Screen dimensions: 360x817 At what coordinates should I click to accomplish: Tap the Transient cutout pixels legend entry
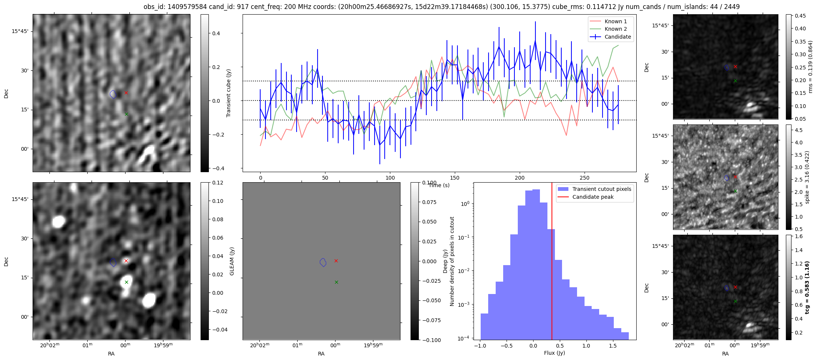tap(601, 189)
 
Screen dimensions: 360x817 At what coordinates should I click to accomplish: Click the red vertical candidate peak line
tap(552, 262)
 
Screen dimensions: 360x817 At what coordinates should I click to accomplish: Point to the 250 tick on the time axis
tap(585, 178)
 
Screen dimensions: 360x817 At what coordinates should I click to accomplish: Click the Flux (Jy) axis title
tap(554, 353)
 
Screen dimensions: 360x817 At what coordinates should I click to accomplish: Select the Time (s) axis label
tap(439, 185)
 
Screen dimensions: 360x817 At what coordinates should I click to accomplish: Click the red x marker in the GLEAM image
tap(126, 261)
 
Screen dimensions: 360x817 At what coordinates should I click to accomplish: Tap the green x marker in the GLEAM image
tap(126, 282)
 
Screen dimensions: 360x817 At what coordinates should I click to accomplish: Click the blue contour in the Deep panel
tap(323, 262)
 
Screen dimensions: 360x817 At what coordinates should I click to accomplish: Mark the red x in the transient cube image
tap(126, 93)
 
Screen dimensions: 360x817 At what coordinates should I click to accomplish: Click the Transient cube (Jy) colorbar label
tap(228, 93)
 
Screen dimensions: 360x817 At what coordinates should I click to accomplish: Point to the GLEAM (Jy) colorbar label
tap(232, 261)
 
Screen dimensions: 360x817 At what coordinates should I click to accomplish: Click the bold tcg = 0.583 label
tap(807, 288)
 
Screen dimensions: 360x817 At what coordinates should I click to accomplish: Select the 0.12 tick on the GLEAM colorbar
tap(217, 183)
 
